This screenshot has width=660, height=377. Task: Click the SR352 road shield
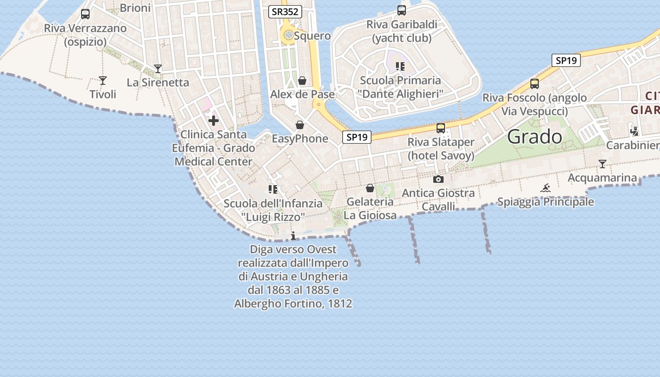pos(285,12)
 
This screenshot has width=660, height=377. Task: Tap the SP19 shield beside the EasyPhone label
pos(356,137)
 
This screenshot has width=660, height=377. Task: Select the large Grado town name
pos(535,137)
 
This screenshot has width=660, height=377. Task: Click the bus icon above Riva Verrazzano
pos(85,14)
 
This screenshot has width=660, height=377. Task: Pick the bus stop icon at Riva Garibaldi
pos(402,10)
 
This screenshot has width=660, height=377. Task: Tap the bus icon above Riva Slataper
pos(441,128)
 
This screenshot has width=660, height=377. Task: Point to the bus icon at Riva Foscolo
pos(535,84)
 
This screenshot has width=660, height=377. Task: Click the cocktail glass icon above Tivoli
pos(103,81)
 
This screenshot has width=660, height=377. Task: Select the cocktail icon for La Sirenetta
pos(158,69)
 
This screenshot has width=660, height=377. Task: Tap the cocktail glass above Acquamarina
pos(602,164)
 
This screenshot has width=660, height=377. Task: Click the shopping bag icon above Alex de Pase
pos(302,81)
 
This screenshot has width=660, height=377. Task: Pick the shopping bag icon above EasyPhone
pos(299,125)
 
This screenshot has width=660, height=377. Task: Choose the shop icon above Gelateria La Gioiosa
pos(370,188)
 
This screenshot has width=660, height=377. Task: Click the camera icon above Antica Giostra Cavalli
pos(438,180)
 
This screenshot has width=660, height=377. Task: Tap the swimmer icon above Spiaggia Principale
pos(545,188)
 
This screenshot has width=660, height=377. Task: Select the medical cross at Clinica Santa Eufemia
pos(214,121)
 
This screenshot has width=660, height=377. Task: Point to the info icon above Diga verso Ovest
pos(293,236)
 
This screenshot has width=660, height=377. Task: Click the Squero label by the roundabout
pos(312,36)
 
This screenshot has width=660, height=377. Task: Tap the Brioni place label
pos(135,8)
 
